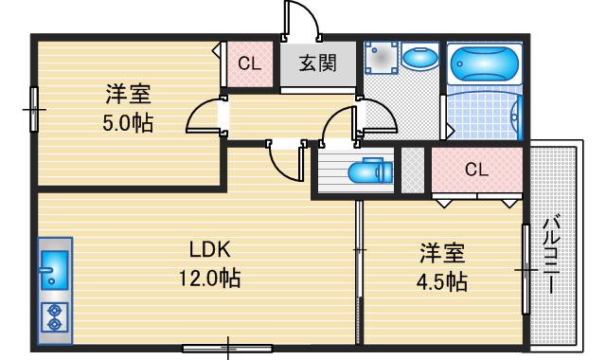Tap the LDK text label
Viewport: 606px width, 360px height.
[x=210, y=250]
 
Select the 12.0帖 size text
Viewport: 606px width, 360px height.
[x=210, y=279]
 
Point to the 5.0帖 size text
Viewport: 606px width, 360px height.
[x=129, y=123]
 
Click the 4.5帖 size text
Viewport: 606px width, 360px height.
[x=443, y=281]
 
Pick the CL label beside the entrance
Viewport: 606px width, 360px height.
[x=249, y=64]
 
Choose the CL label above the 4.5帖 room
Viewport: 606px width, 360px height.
[x=476, y=171]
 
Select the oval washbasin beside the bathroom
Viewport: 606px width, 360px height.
[x=416, y=59]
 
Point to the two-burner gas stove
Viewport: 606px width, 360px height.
[x=53, y=316]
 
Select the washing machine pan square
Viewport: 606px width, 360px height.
[x=383, y=59]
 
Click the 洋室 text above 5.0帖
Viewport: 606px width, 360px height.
[x=129, y=95]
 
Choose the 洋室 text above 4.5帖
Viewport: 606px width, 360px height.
[x=443, y=253]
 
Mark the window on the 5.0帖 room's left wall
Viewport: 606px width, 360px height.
[x=33, y=110]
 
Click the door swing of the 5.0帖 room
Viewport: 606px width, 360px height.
[x=203, y=118]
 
